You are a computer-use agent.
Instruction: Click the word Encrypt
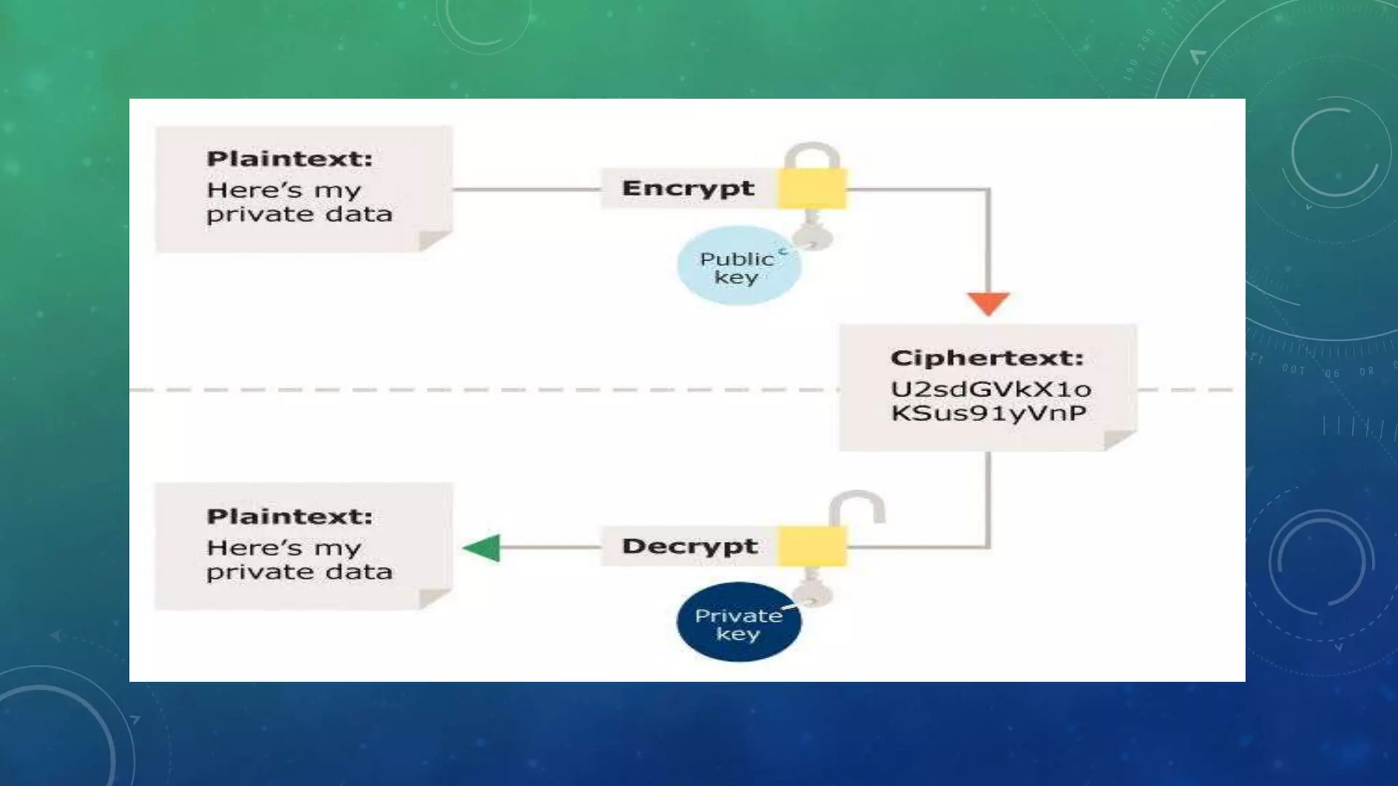pos(688,188)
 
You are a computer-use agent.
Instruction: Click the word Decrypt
pos(689,547)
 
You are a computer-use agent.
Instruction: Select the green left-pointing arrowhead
pos(483,548)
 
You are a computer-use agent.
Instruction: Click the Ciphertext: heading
pos(986,358)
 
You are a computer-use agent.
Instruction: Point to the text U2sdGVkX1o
pos(990,390)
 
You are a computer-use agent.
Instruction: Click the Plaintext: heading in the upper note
pos(289,159)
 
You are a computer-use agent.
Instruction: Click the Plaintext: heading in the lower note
pos(289,516)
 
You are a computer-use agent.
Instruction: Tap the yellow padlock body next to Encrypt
pos(812,189)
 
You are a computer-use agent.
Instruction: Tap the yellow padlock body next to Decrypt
pos(812,547)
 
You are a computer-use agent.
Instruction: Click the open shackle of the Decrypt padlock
pos(857,504)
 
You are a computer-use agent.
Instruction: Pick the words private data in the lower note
pos(300,572)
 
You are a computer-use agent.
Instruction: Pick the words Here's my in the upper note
pos(283,190)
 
